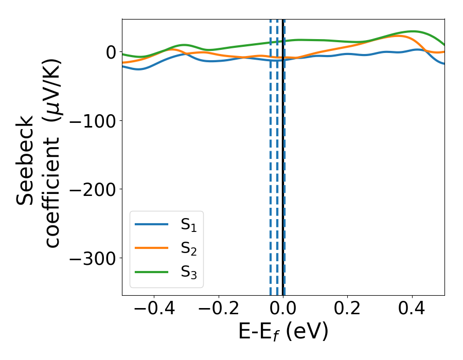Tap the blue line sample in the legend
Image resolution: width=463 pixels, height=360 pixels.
coord(152,224)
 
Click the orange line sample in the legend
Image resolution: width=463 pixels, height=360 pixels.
coord(152,248)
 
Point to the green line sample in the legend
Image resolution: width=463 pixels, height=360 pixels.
coord(152,272)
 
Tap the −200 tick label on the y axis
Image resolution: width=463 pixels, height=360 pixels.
coord(92,189)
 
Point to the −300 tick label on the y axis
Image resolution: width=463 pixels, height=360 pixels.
coord(92,258)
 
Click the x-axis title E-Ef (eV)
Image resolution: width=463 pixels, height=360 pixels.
coord(283,332)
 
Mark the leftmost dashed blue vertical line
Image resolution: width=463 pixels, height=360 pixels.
coord(271,154)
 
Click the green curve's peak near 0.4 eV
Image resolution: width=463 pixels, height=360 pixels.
coord(413,31)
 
